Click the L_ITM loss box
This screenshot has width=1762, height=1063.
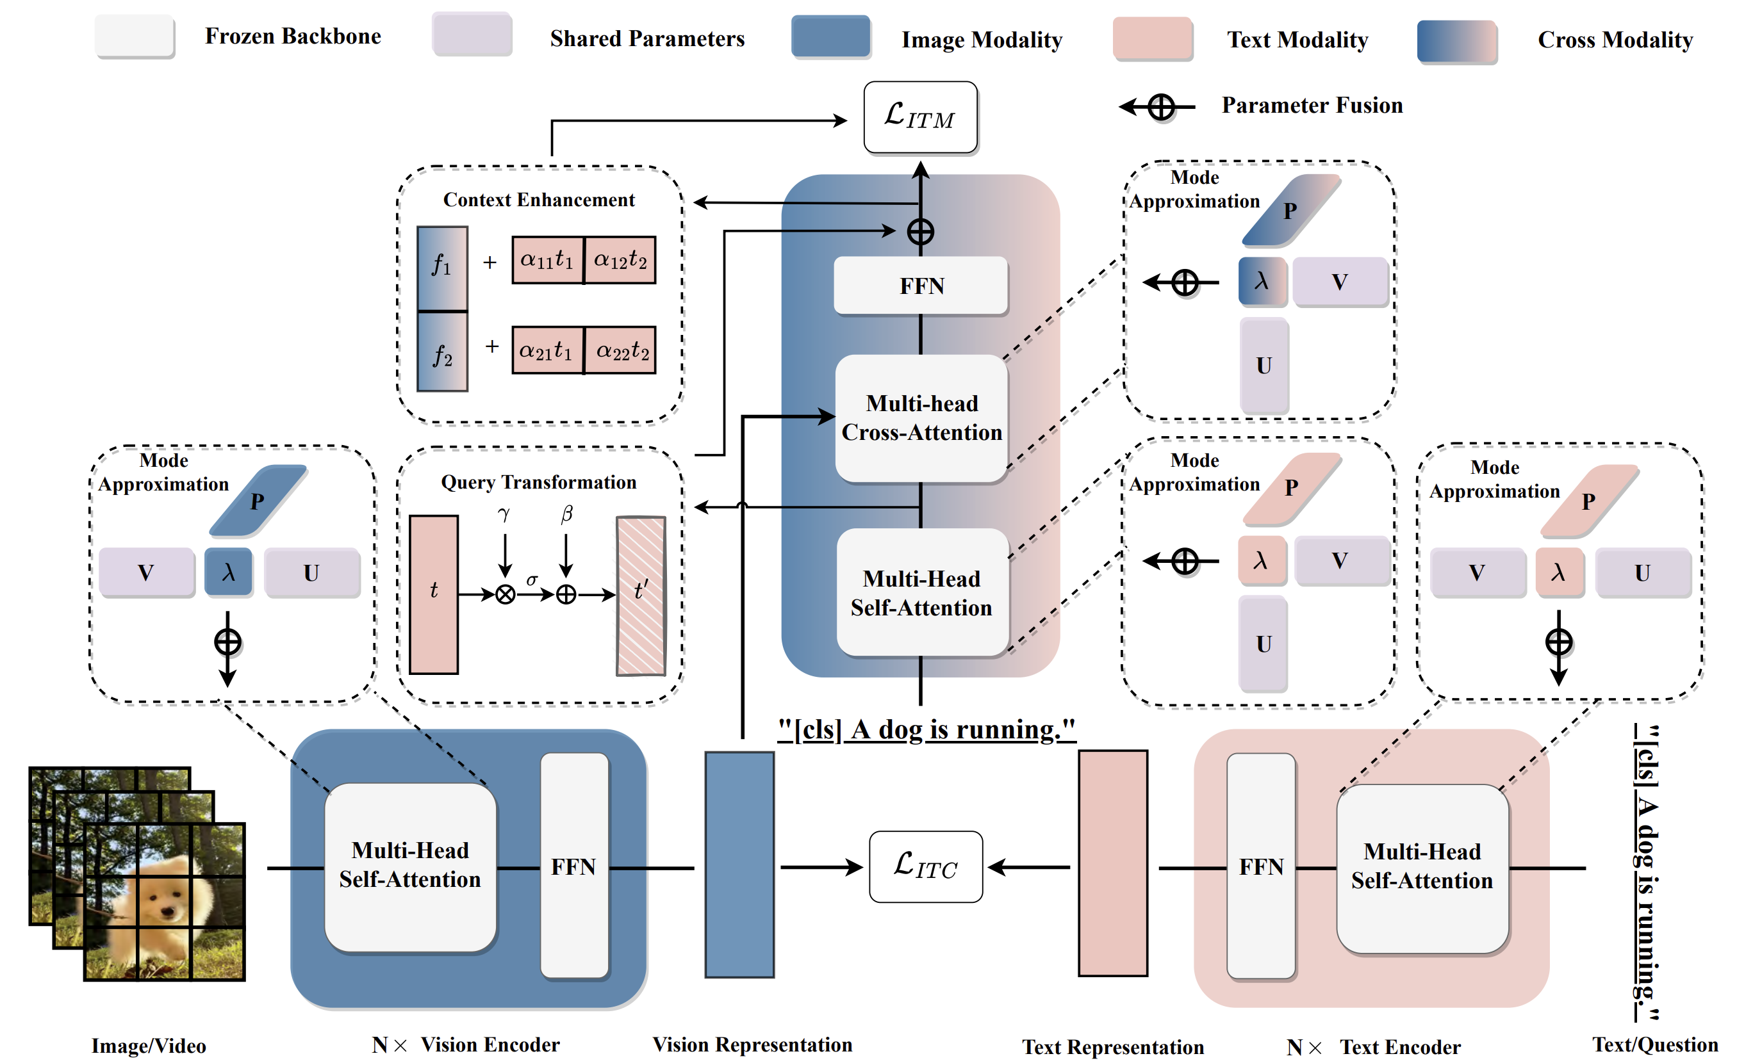[x=920, y=117]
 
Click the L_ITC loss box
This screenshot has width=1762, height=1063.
[x=925, y=866]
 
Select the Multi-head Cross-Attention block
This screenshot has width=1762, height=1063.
[x=921, y=418]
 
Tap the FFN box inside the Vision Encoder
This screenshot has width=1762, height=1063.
[x=573, y=866]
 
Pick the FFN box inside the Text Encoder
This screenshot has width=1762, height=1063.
[x=1261, y=866]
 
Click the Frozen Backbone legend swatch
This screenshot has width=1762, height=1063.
[x=135, y=36]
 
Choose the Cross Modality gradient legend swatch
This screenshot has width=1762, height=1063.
[x=1456, y=42]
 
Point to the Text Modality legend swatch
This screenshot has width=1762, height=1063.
[x=1152, y=38]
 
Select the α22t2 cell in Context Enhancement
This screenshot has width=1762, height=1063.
[x=621, y=350]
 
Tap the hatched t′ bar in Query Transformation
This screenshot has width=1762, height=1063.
[x=641, y=595]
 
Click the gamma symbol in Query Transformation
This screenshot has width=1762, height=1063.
[x=504, y=514]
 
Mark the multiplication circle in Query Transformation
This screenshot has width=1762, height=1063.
[x=505, y=594]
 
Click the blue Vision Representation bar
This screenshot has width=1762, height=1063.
[x=739, y=864]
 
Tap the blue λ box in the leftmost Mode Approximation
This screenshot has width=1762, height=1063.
[x=228, y=572]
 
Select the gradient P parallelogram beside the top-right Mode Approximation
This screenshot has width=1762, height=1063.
[x=1291, y=210]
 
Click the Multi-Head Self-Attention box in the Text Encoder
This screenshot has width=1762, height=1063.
[x=1422, y=867]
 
